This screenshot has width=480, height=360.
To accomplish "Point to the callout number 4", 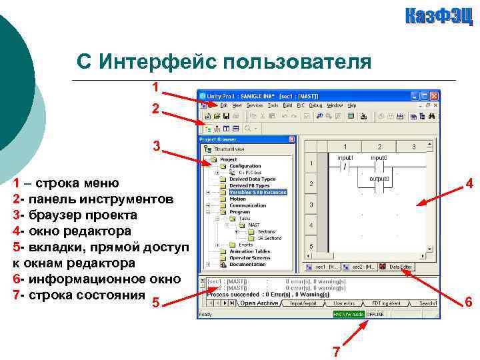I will click(469, 184).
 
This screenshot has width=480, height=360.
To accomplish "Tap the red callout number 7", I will click(337, 352).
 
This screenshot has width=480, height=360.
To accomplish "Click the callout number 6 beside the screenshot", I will click(469, 303).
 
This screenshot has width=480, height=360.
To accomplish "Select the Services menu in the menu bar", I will click(255, 105).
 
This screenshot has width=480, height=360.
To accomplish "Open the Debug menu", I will click(315, 105).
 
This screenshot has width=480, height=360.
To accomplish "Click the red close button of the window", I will click(434, 96).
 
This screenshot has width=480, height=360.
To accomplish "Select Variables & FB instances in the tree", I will click(257, 192).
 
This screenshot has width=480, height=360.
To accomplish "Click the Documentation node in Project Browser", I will click(247, 264).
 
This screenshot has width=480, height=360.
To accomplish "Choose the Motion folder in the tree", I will click(237, 199).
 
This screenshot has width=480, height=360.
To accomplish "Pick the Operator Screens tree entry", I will click(251, 257).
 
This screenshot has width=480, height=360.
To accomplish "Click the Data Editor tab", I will click(400, 267).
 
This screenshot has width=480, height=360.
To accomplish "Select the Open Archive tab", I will click(259, 303).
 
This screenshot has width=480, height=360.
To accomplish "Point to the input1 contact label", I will click(345, 158).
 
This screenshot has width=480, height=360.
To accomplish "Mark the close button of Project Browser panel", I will click(291, 139).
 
